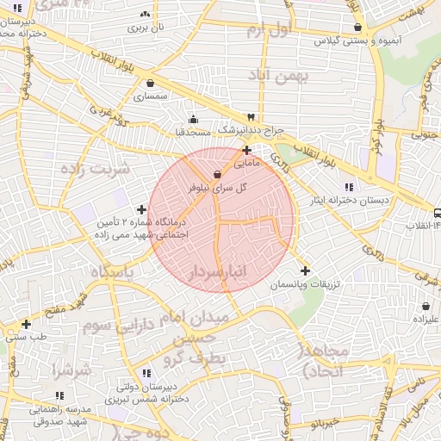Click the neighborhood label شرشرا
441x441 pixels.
[71, 371]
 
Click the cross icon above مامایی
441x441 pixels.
[247, 150]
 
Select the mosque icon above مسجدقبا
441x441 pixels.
[193, 120]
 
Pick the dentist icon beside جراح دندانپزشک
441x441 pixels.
[251, 116]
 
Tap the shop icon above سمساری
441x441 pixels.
[152, 84]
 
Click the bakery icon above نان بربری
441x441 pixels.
[144, 15]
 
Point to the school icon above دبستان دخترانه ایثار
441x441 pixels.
[349, 187]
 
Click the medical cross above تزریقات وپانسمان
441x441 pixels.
[305, 270]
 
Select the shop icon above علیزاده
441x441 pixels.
[426, 305]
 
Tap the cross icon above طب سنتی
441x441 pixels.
[27, 325]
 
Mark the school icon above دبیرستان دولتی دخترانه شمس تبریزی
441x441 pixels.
[146, 373]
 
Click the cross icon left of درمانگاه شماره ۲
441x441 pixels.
[142, 209]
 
